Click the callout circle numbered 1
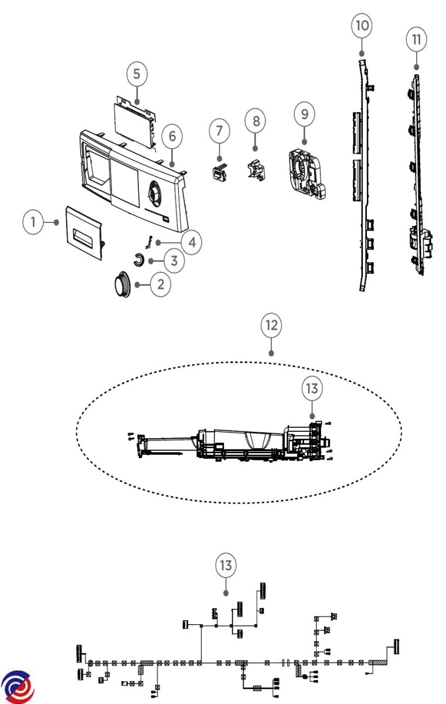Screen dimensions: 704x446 (34, 222)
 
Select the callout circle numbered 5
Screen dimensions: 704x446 (137, 75)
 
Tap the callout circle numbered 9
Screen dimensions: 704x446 (304, 113)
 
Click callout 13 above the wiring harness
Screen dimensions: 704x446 (226, 566)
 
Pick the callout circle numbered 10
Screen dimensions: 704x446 (362, 26)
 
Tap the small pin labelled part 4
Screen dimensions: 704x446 (149, 241)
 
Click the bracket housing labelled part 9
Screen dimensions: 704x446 (306, 171)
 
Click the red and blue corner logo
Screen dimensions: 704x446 (18, 686)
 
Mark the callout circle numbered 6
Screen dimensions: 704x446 (172, 136)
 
